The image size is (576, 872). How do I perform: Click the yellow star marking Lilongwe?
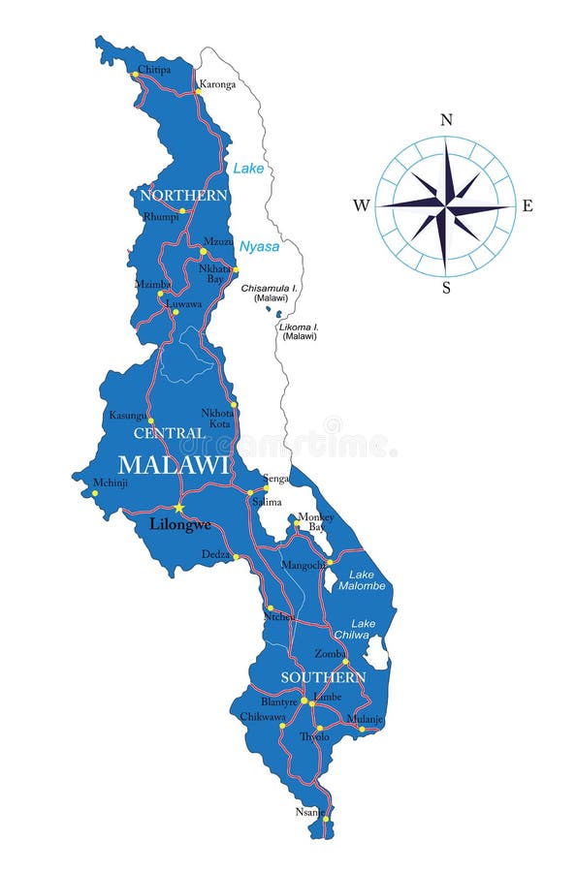[178, 507]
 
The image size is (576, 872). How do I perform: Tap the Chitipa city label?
[154, 69]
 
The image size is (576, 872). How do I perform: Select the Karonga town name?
[217, 84]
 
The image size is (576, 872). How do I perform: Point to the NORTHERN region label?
[183, 196]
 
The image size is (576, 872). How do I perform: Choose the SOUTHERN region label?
[323, 677]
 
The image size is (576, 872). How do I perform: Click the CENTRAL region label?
[169, 433]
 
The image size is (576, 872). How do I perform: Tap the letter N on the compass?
[446, 120]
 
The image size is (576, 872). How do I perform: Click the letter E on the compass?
[528, 205]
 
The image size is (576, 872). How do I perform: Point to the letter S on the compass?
[446, 288]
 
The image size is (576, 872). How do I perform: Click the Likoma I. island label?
[299, 331]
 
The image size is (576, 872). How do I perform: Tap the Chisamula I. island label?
[271, 293]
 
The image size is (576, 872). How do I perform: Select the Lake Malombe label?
[362, 579]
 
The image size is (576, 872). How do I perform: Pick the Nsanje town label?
[309, 811]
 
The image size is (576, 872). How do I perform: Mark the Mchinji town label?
[110, 482]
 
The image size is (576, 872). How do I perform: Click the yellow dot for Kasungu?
[150, 421]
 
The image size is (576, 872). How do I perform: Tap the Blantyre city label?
[280, 700]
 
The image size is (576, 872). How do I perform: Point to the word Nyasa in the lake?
[259, 246]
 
